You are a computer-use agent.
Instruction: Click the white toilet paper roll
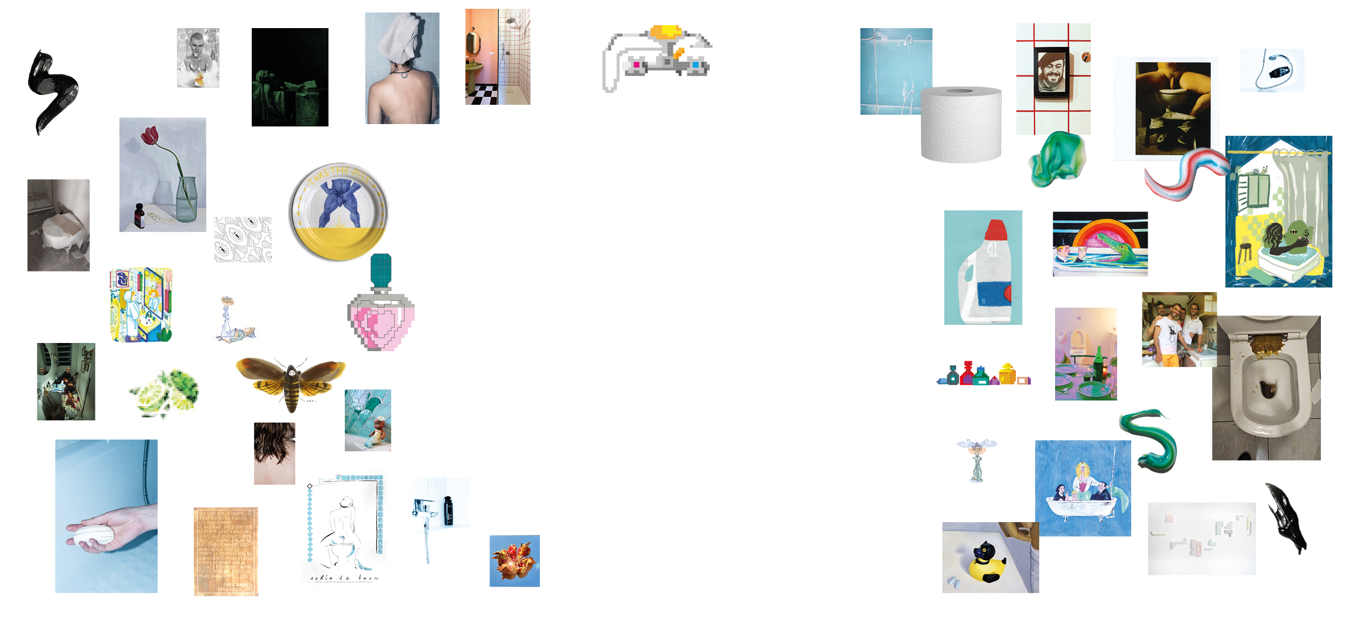pyautogui.click(x=960, y=124)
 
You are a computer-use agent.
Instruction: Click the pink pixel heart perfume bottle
pyautogui.click(x=381, y=322)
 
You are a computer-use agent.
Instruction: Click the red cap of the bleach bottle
pyautogui.click(x=995, y=230)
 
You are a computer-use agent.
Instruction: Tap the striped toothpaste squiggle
pyautogui.click(x=1186, y=174)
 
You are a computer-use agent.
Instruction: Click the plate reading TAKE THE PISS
pyautogui.click(x=338, y=212)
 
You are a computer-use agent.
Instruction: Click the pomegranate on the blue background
pyautogui.click(x=514, y=560)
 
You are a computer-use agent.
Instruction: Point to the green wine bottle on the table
pyautogui.click(x=1098, y=365)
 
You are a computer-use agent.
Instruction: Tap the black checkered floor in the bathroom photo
pyautogui.click(x=481, y=94)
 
